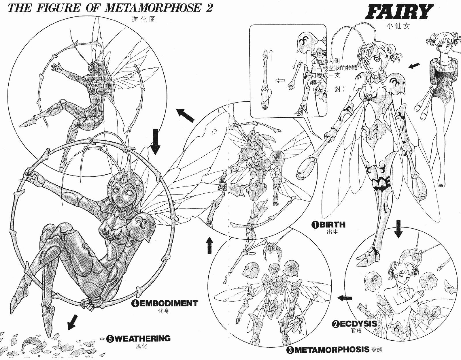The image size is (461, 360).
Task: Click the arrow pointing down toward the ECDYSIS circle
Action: (399, 228)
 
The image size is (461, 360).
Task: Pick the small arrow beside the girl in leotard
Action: (413, 66)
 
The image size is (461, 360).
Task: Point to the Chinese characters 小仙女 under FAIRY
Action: (399, 25)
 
